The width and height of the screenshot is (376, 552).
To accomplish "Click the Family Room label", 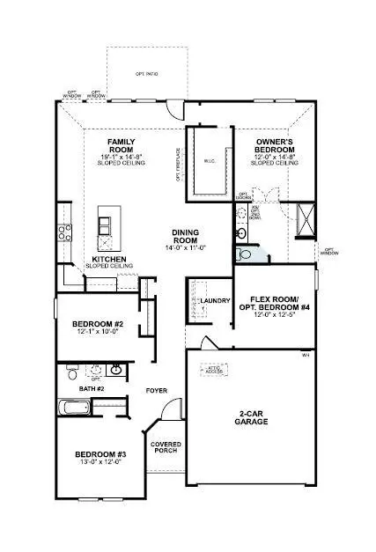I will coord(120,146).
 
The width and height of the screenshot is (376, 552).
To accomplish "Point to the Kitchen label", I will coord(111,260).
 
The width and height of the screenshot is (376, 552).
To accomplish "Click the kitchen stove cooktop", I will coord(63,232).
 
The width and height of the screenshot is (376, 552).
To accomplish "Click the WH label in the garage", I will coord(304,356).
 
